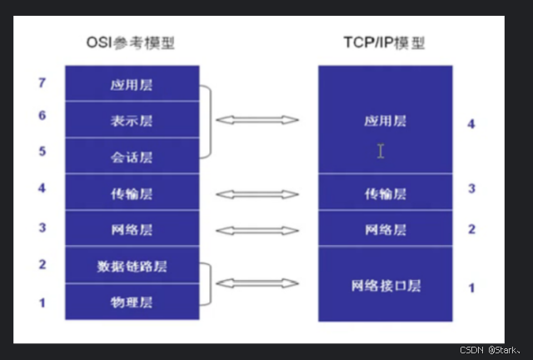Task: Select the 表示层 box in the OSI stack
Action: click(132, 120)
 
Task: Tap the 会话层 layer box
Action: click(132, 157)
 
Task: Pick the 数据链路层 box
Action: click(132, 266)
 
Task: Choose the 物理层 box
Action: click(132, 302)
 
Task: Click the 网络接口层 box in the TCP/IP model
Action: click(386, 285)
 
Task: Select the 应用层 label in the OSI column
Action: click(132, 85)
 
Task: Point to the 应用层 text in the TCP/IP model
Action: click(386, 121)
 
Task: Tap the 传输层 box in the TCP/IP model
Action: click(386, 193)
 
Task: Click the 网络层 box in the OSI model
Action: click(132, 229)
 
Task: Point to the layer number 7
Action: click(42, 83)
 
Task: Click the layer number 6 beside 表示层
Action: click(42, 116)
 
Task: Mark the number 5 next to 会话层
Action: click(42, 152)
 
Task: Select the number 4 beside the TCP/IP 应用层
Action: click(471, 124)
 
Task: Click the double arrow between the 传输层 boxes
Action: click(257, 194)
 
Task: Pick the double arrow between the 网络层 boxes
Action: click(257, 229)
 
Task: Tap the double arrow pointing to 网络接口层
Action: click(257, 284)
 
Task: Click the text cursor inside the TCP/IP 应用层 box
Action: click(381, 151)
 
